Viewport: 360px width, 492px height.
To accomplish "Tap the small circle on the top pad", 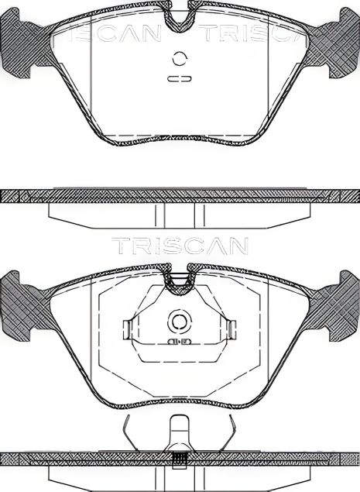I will coord(180,58).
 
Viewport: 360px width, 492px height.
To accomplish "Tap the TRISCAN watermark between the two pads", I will coord(180,246).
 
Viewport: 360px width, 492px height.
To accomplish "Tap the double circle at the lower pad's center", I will coord(180,322).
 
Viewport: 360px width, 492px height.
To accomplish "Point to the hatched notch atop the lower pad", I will coord(180,280).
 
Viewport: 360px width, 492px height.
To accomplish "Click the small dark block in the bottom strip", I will coord(180,459).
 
